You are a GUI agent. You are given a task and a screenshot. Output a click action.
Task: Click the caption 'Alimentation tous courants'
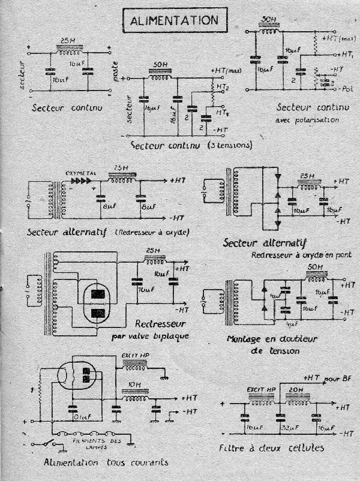pyautogui.click(x=105, y=462)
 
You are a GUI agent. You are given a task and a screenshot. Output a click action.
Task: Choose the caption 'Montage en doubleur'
pyautogui.click(x=264, y=339)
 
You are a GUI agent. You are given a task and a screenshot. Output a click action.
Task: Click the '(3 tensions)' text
pyautogui.click(x=228, y=146)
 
